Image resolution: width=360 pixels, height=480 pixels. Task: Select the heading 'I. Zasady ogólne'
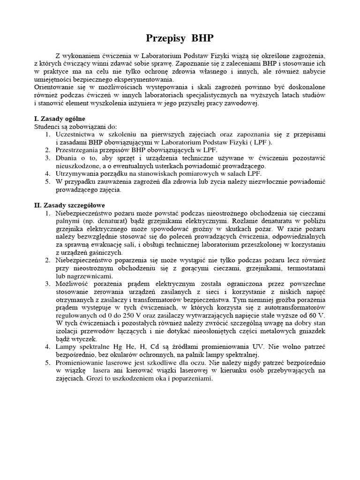[60, 119]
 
